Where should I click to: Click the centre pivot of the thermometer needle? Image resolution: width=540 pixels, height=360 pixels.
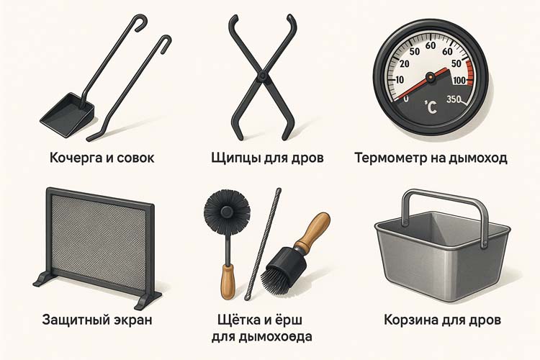(431, 74)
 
